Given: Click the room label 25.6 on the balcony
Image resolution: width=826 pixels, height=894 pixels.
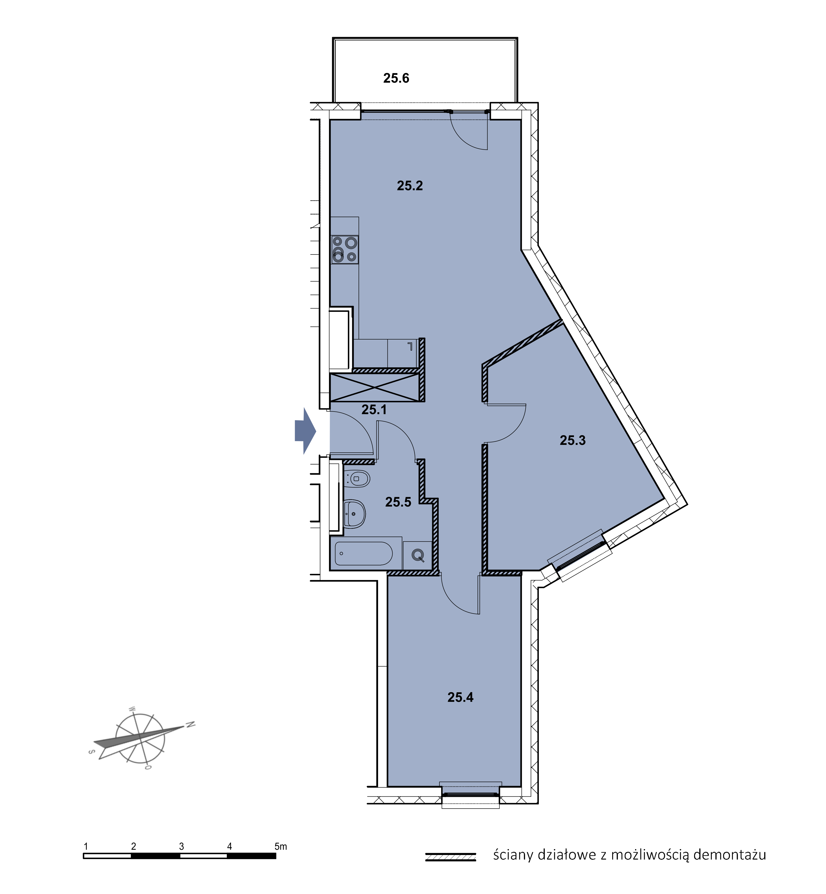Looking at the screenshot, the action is pos(396,78).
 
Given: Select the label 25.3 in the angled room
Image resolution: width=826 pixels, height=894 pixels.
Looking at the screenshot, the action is pos(573,440).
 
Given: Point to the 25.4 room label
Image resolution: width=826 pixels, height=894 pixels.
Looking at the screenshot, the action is pos(460,697).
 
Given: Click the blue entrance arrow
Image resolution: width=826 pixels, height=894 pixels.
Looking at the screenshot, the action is pos(305,431).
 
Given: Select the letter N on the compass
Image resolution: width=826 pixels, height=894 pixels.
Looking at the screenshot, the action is pos(191,724).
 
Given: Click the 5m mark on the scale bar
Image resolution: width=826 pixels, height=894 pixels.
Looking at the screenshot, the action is pos(281,847).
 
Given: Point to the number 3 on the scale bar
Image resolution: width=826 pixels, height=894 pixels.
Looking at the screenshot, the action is pos(181,847).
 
